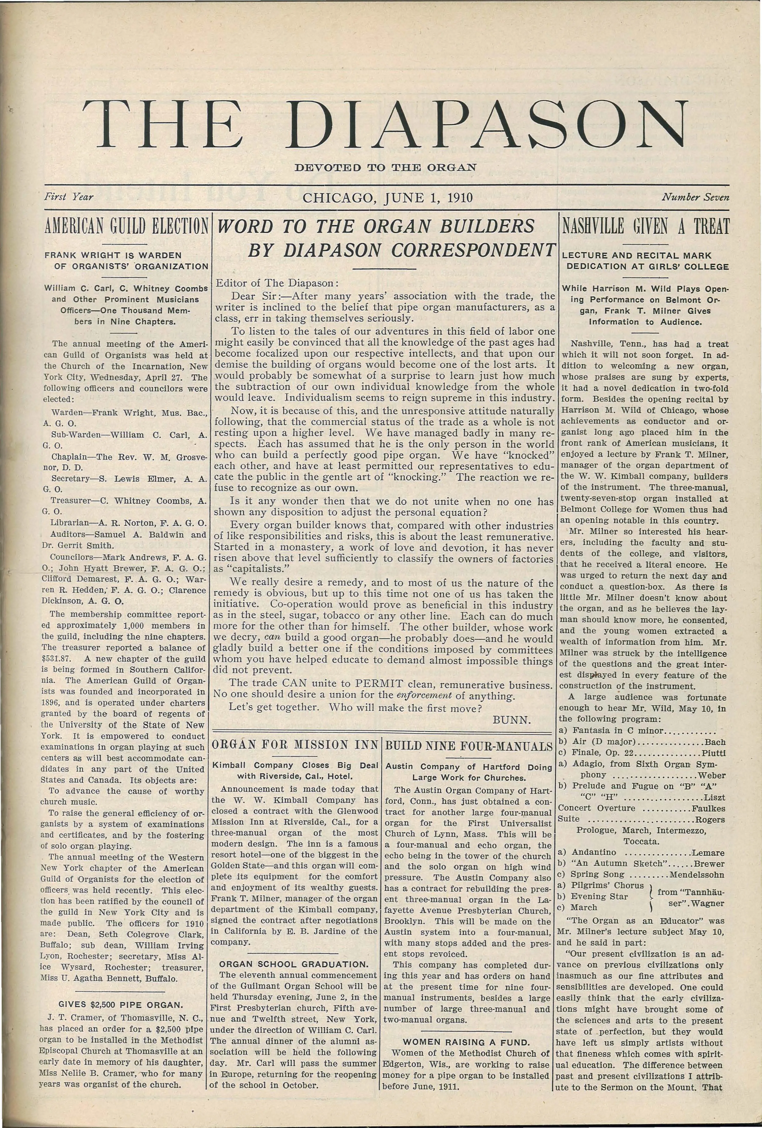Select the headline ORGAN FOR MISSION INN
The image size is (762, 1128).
point(296,744)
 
